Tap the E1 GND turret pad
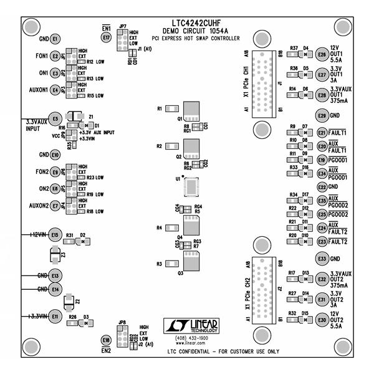pos(55,39)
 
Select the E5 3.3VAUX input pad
pos(55,118)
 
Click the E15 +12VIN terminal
pos(55,235)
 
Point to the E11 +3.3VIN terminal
pos(55,317)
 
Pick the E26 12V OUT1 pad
pos(322,55)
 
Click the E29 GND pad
pos(322,115)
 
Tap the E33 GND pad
pos(322,258)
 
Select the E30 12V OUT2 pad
pos(322,320)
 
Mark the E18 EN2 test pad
pos(107,340)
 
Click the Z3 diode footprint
pos(55,255)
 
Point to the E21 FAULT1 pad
pos(322,133)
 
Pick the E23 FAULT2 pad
pos(322,241)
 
